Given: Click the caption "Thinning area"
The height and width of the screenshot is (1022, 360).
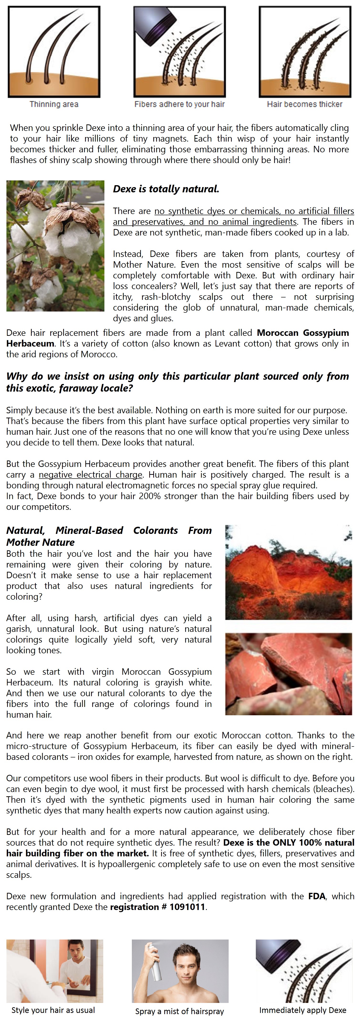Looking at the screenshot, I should click(x=54, y=104).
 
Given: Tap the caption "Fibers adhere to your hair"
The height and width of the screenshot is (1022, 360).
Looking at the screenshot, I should click(x=180, y=104).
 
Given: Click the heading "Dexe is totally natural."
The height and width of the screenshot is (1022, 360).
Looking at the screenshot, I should click(x=166, y=189).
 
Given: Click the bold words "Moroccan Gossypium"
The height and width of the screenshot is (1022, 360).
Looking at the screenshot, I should click(x=303, y=333).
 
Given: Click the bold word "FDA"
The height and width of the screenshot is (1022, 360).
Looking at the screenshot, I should click(x=316, y=896).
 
